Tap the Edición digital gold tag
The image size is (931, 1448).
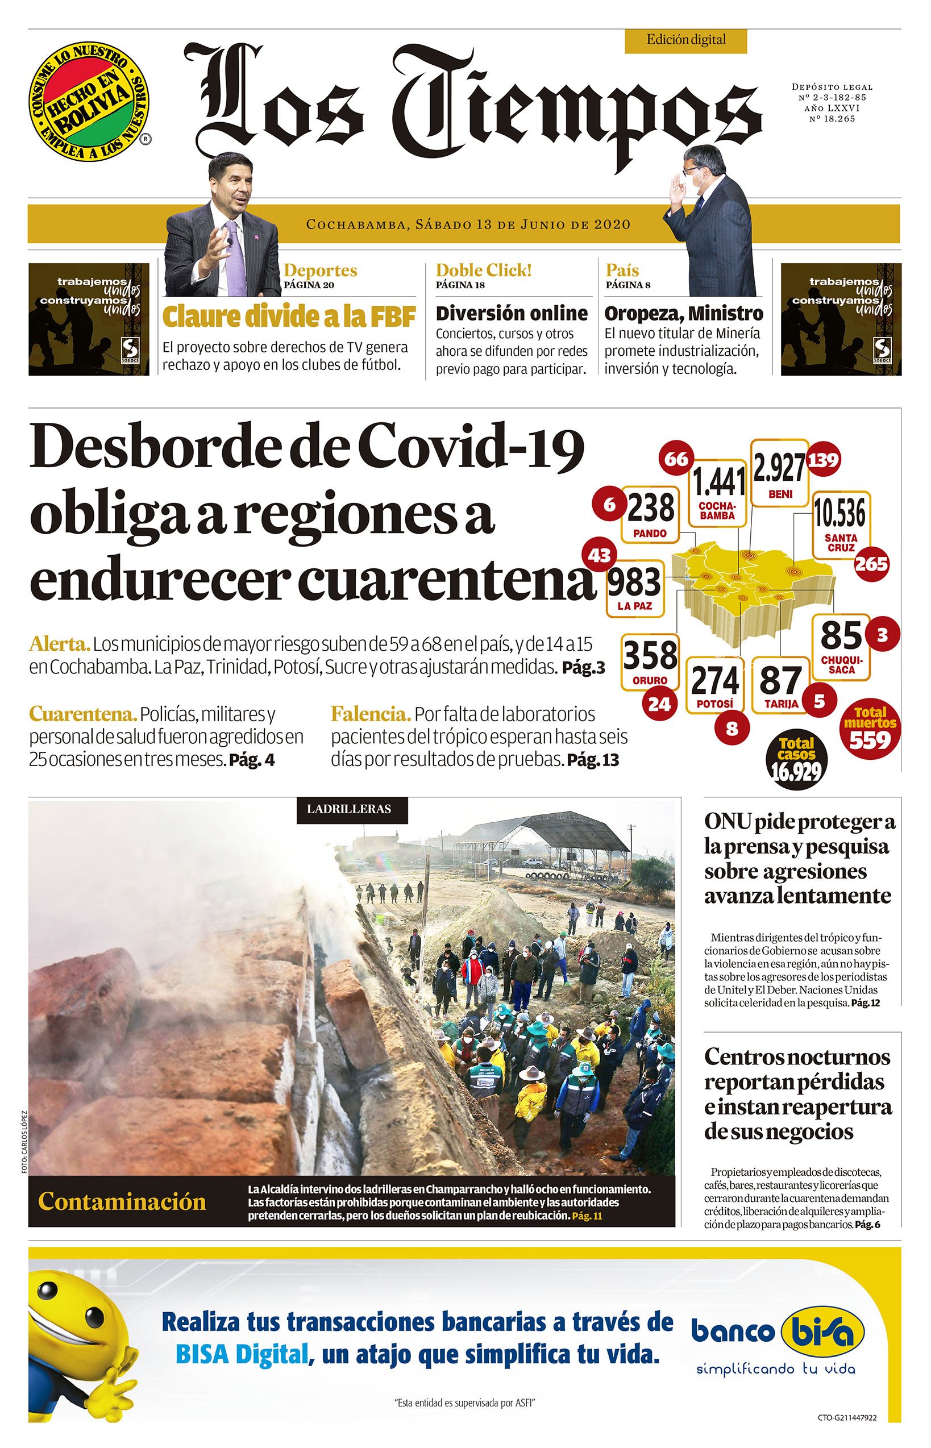[685, 40]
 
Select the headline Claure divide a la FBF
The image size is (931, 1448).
[289, 316]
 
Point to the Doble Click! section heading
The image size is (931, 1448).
[483, 270]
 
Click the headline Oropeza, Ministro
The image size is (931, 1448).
[684, 314]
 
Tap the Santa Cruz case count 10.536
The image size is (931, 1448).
[839, 513]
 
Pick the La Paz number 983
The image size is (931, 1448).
[634, 582]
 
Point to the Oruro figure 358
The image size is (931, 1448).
[650, 656]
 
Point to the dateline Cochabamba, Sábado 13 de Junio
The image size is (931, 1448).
[468, 225]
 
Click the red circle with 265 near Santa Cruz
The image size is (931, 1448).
[871, 564]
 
